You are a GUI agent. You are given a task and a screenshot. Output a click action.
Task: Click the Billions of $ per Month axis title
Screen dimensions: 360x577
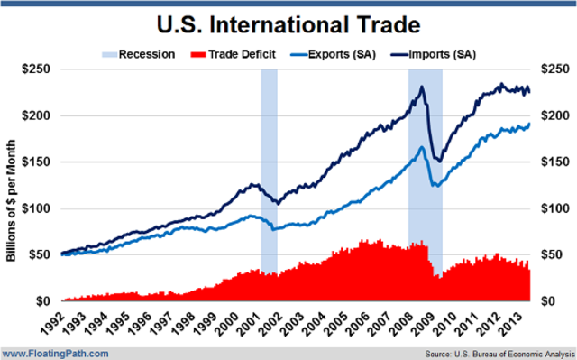click(x=12, y=184)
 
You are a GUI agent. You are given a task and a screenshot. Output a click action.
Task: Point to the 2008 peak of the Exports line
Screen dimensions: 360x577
click(x=421, y=146)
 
